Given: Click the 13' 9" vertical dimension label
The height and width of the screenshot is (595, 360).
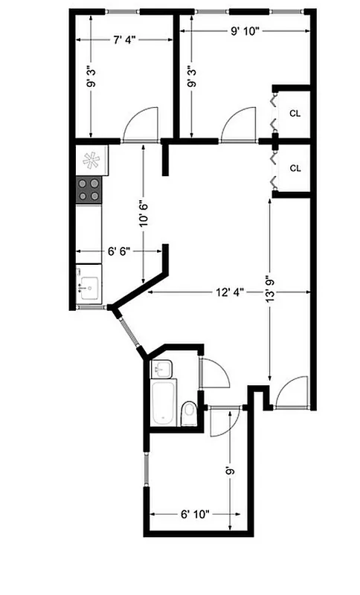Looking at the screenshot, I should (270, 285).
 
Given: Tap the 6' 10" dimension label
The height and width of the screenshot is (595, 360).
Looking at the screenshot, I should (195, 513).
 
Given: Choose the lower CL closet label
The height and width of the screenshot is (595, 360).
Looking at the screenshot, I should (295, 168).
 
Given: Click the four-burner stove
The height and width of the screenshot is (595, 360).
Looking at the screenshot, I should (89, 190).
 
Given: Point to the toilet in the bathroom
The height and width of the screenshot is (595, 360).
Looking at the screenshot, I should (189, 412).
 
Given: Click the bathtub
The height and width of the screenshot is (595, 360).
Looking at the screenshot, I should (163, 402).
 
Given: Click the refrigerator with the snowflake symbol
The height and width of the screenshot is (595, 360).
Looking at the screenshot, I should (91, 158).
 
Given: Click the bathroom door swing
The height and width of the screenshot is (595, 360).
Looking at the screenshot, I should (214, 373).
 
